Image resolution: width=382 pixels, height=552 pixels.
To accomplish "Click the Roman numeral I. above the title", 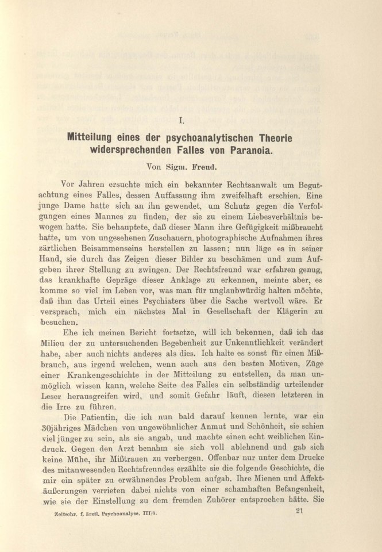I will pos(182,121).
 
